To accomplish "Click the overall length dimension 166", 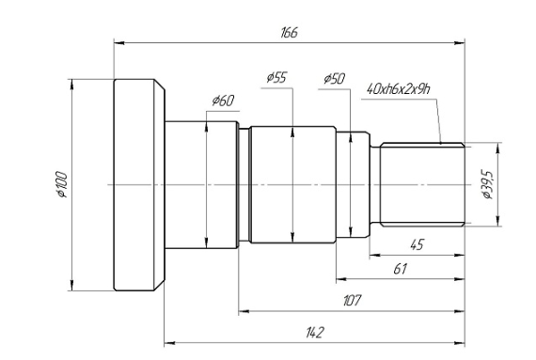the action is (290, 33).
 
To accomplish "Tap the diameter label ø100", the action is (62, 184).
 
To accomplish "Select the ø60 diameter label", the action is (223, 101).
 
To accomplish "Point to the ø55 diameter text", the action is (276, 78).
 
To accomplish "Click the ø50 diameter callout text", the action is (335, 79).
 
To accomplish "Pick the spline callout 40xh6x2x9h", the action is (399, 89).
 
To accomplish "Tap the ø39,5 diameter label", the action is (487, 184).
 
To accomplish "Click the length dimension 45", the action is (417, 244).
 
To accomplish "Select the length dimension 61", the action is (401, 269).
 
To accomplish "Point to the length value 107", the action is (352, 301).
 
